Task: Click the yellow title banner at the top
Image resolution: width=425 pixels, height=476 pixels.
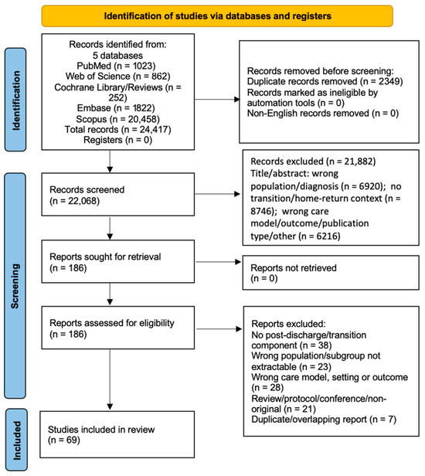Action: coord(217,15)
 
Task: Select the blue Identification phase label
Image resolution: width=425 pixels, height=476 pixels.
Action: coord(15,100)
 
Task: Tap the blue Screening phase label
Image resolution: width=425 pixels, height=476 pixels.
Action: coord(15,286)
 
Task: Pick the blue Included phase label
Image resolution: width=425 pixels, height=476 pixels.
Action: coord(16,440)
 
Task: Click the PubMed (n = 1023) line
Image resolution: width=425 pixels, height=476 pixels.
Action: coord(116,66)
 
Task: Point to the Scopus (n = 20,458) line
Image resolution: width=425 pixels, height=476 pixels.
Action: coord(117,119)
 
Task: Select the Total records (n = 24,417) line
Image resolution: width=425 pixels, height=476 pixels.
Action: coord(117,130)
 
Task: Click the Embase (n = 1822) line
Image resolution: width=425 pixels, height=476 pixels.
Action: coord(116,108)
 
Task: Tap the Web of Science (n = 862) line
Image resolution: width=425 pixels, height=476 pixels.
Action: coord(117,76)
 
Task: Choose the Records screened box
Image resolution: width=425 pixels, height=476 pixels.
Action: coord(117,194)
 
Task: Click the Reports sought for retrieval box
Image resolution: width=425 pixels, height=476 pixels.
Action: coord(117,261)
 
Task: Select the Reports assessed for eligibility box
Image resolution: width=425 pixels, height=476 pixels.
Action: coord(117,328)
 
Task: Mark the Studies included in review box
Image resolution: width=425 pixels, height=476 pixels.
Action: coord(117,434)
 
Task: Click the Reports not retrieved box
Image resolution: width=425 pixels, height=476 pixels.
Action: coord(331,273)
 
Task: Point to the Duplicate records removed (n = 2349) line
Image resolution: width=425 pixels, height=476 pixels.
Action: coord(325,81)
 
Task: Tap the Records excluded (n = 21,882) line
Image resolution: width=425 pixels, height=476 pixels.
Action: coord(313,161)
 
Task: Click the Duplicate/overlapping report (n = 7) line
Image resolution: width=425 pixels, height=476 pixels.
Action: coord(324,420)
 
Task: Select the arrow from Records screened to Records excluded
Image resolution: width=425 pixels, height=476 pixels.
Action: coord(217,194)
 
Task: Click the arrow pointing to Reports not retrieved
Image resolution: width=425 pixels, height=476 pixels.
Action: coord(219,262)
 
